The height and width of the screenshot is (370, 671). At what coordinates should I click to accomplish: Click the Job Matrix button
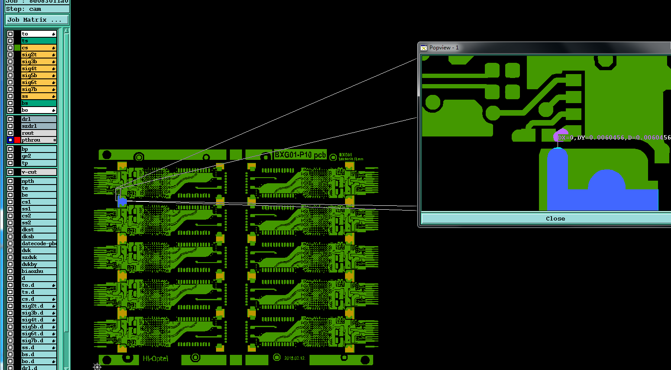37,20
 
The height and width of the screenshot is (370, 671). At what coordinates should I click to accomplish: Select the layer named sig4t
38,68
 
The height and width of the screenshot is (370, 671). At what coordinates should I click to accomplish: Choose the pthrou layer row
38,140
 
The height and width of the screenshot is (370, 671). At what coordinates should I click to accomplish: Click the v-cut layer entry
38,172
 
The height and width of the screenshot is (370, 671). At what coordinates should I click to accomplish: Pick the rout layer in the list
38,133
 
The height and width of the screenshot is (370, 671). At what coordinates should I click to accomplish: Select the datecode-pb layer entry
39,243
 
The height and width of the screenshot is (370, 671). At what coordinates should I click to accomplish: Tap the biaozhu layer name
38,271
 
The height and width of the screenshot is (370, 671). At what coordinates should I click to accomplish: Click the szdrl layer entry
38,126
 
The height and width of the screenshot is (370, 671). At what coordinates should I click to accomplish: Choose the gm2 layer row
38,156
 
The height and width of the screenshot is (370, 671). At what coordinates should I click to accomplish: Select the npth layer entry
38,181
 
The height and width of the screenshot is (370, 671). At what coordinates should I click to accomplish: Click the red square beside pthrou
17,140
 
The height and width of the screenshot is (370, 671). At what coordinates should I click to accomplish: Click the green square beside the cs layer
17,48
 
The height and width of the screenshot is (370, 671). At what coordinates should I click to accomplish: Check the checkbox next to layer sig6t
10,82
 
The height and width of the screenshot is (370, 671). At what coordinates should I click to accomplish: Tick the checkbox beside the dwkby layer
10,264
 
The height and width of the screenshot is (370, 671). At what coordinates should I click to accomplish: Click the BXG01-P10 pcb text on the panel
300,155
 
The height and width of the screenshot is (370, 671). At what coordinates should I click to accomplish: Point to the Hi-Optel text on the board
155,359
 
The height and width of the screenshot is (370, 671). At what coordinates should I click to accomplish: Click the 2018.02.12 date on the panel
294,358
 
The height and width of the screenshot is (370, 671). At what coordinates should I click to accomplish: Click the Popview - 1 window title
444,48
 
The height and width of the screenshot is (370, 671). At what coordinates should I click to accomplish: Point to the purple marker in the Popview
560,136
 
